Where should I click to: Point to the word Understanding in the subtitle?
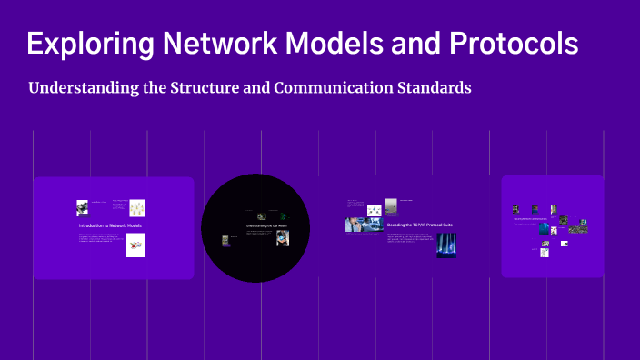pyautogui.click(x=81, y=89)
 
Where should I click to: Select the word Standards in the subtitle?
pyautogui.click(x=436, y=89)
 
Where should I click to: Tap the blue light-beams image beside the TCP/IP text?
pyautogui.click(x=445, y=245)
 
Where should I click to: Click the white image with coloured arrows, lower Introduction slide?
pyautogui.click(x=135, y=245)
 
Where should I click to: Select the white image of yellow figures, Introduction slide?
pyautogui.click(x=137, y=208)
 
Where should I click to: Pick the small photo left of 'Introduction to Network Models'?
pyautogui.click(x=82, y=207)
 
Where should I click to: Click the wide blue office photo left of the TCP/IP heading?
pyautogui.click(x=357, y=225)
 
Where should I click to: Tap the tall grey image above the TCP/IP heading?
pyautogui.click(x=391, y=206)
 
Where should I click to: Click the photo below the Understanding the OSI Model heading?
pyautogui.click(x=283, y=237)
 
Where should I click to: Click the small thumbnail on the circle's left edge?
pyautogui.click(x=224, y=241)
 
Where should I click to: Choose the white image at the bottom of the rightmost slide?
pyautogui.click(x=545, y=252)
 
